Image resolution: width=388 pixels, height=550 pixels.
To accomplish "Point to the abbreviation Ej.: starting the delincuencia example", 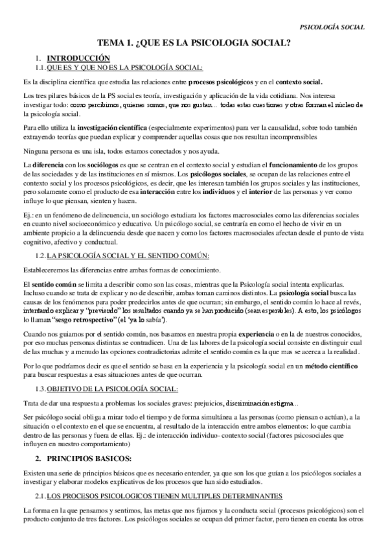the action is click(x=29, y=214).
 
